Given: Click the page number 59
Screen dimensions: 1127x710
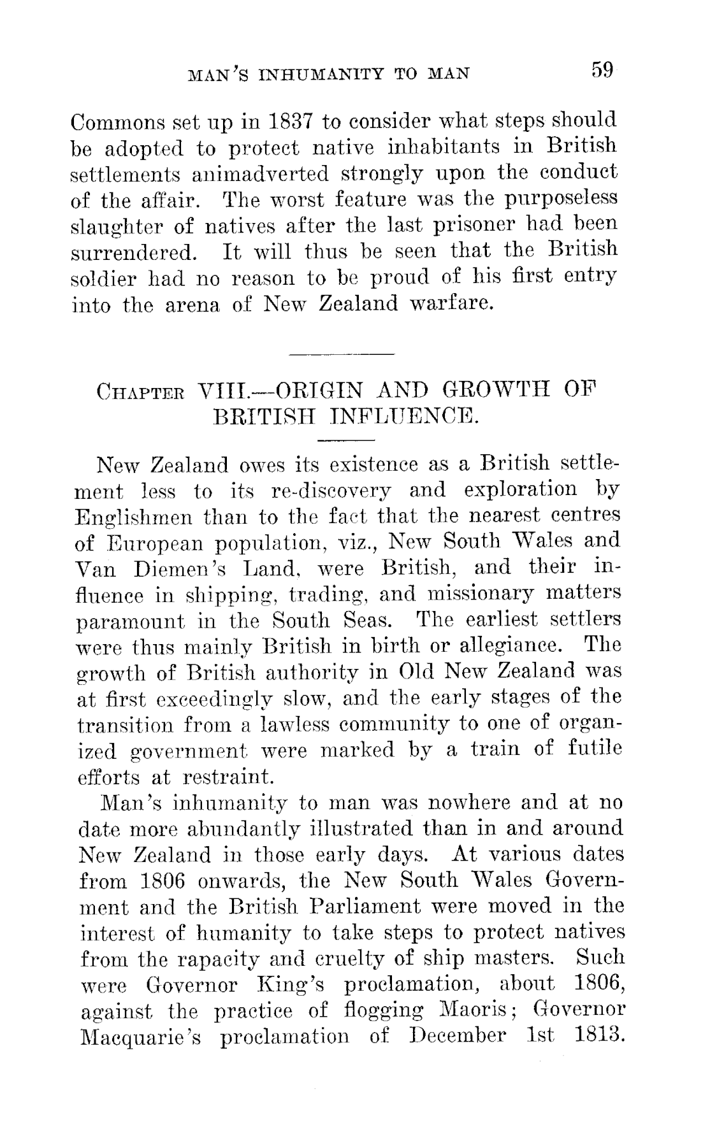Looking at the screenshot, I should tap(601, 69).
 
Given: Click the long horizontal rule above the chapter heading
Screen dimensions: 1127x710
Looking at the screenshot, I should tap(342, 354).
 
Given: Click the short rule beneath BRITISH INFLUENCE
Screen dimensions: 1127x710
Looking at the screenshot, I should tap(346, 440).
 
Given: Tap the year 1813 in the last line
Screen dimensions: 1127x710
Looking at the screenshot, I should tap(597, 1036).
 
